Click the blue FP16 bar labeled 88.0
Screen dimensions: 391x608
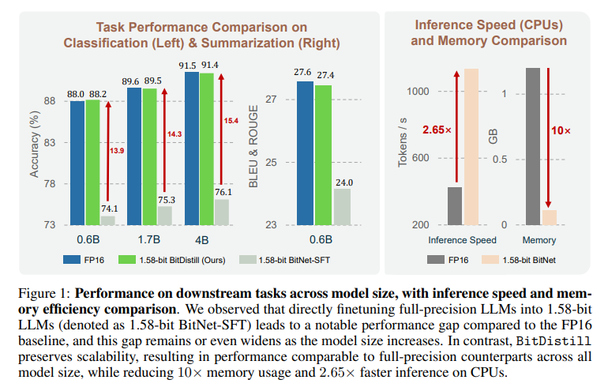77,163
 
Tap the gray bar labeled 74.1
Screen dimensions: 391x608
107,220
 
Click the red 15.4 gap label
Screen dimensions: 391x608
231,121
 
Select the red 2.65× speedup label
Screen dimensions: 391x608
437,130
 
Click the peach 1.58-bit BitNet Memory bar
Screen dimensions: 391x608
550,217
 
